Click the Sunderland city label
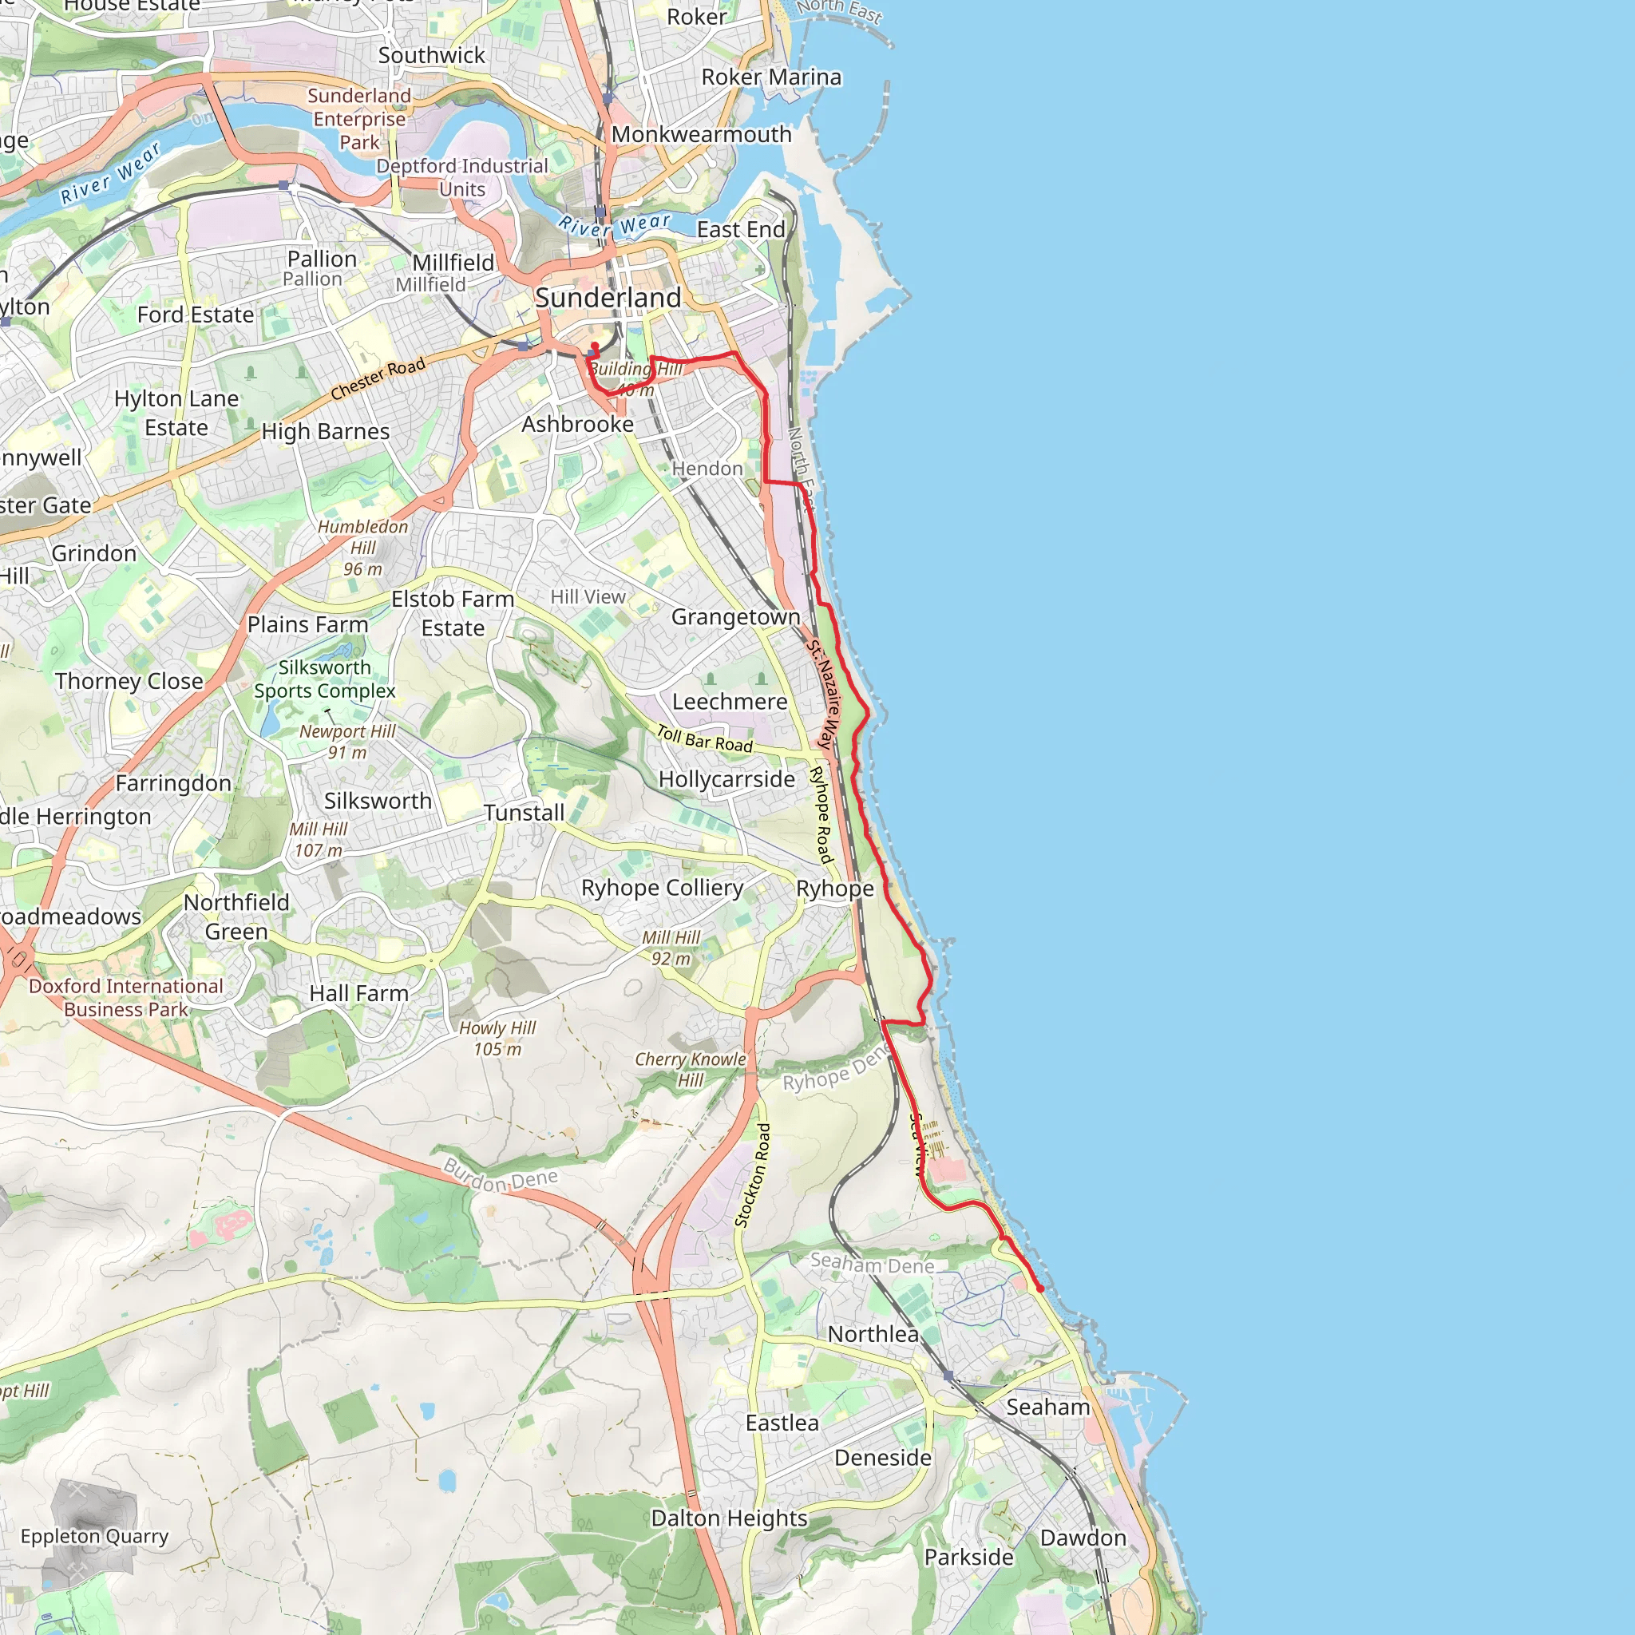click(608, 298)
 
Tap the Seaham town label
click(1047, 1407)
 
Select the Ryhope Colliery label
click(662, 888)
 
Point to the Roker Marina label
click(771, 77)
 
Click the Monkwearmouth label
click(702, 135)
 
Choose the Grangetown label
click(735, 617)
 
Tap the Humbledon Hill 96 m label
click(363, 548)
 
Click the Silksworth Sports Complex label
click(325, 679)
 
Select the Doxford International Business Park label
click(126, 998)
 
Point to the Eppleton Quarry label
click(95, 1536)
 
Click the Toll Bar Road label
click(705, 738)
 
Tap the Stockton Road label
click(753, 1174)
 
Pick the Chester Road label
click(378, 378)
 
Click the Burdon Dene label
click(500, 1176)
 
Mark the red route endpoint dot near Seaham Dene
click(1039, 1289)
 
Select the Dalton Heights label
click(729, 1518)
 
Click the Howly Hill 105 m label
click(497, 1039)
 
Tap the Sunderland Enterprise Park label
click(360, 118)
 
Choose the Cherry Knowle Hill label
click(691, 1070)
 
